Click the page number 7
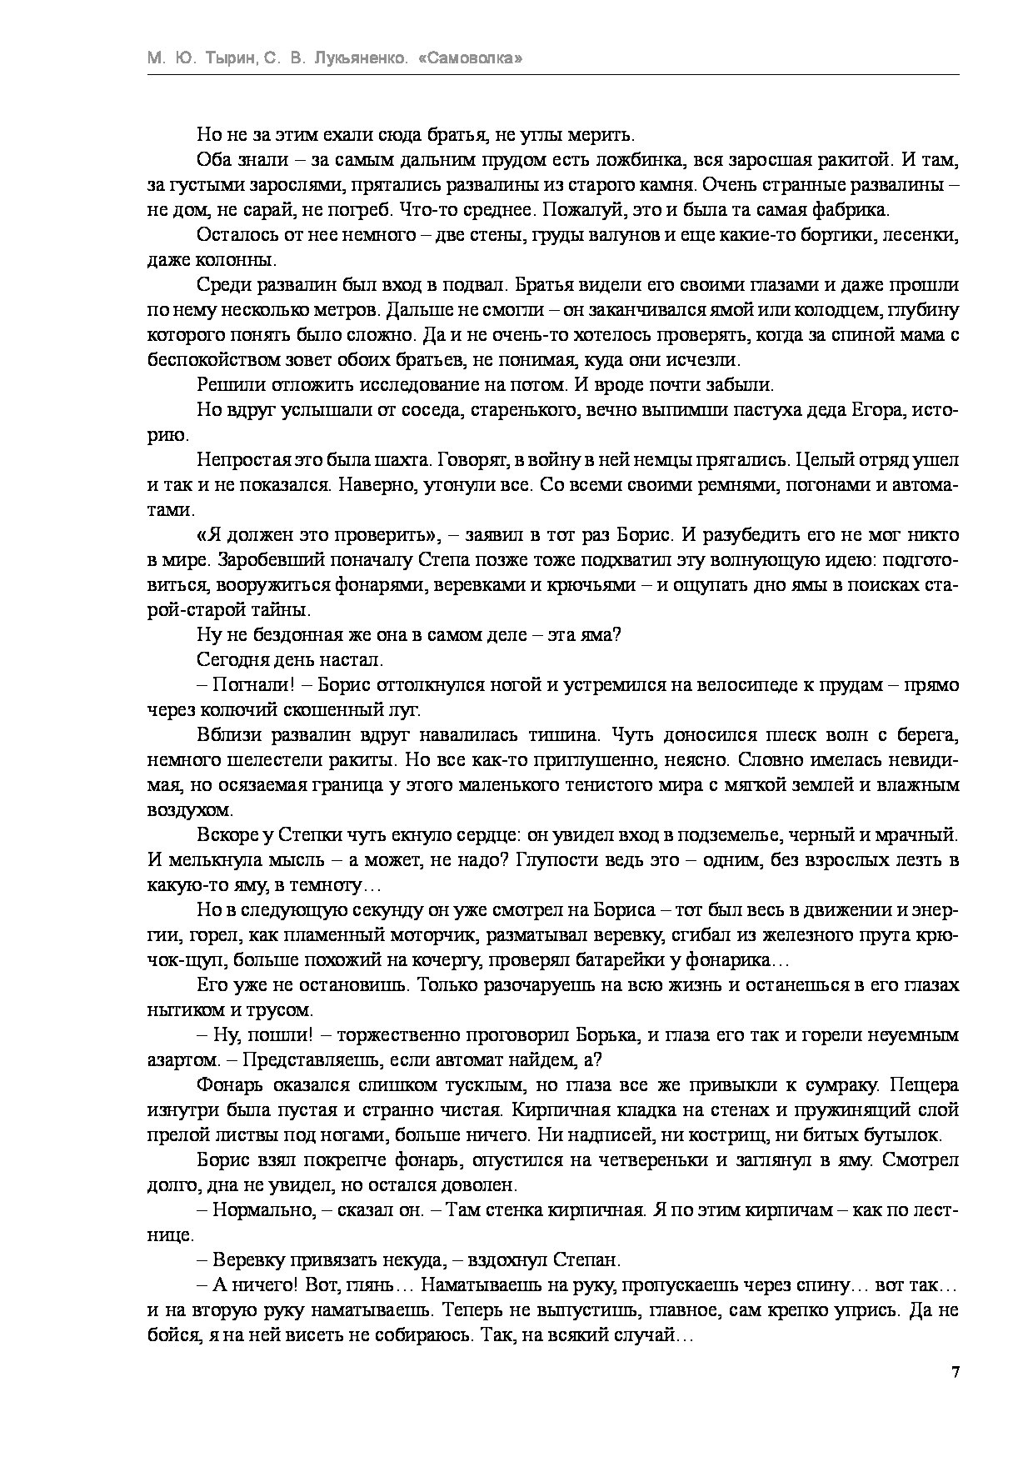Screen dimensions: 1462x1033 956,1373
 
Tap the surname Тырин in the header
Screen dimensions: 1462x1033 227,59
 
